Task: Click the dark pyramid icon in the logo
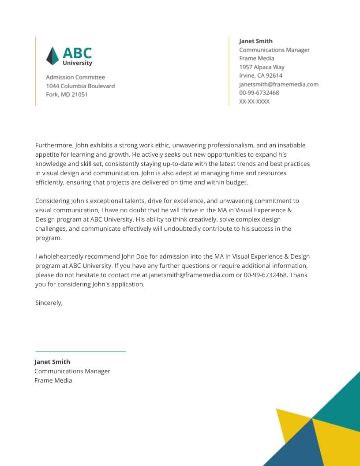pos(52,56)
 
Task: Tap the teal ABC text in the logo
pos(77,53)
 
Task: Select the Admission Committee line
pos(75,77)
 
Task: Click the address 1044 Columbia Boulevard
pos(80,86)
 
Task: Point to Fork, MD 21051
pos(67,94)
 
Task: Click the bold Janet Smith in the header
pos(256,41)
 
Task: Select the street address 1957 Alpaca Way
pos(262,67)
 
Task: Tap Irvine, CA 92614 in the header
pos(261,75)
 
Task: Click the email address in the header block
pos(278,84)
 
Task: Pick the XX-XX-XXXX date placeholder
pos(254,101)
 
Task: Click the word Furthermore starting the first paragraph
pos(54,145)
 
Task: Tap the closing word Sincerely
pos(49,303)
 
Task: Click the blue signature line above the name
pos(80,352)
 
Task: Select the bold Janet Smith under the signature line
pos(52,362)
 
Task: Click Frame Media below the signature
pos(53,380)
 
